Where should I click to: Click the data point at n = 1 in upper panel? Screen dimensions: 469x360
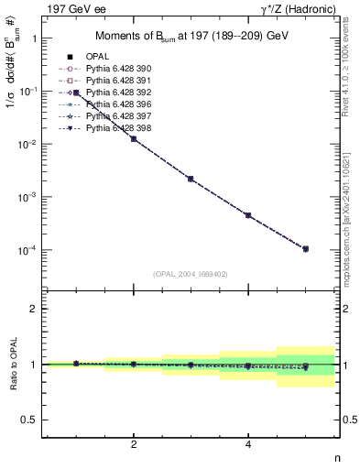76,93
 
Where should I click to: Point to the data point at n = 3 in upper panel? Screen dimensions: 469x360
191,179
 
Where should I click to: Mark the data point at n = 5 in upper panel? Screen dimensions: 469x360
305,248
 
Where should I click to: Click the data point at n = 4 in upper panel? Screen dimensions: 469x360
248,215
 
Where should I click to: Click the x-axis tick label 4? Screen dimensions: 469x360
248,445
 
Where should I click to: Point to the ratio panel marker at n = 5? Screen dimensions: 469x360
305,367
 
